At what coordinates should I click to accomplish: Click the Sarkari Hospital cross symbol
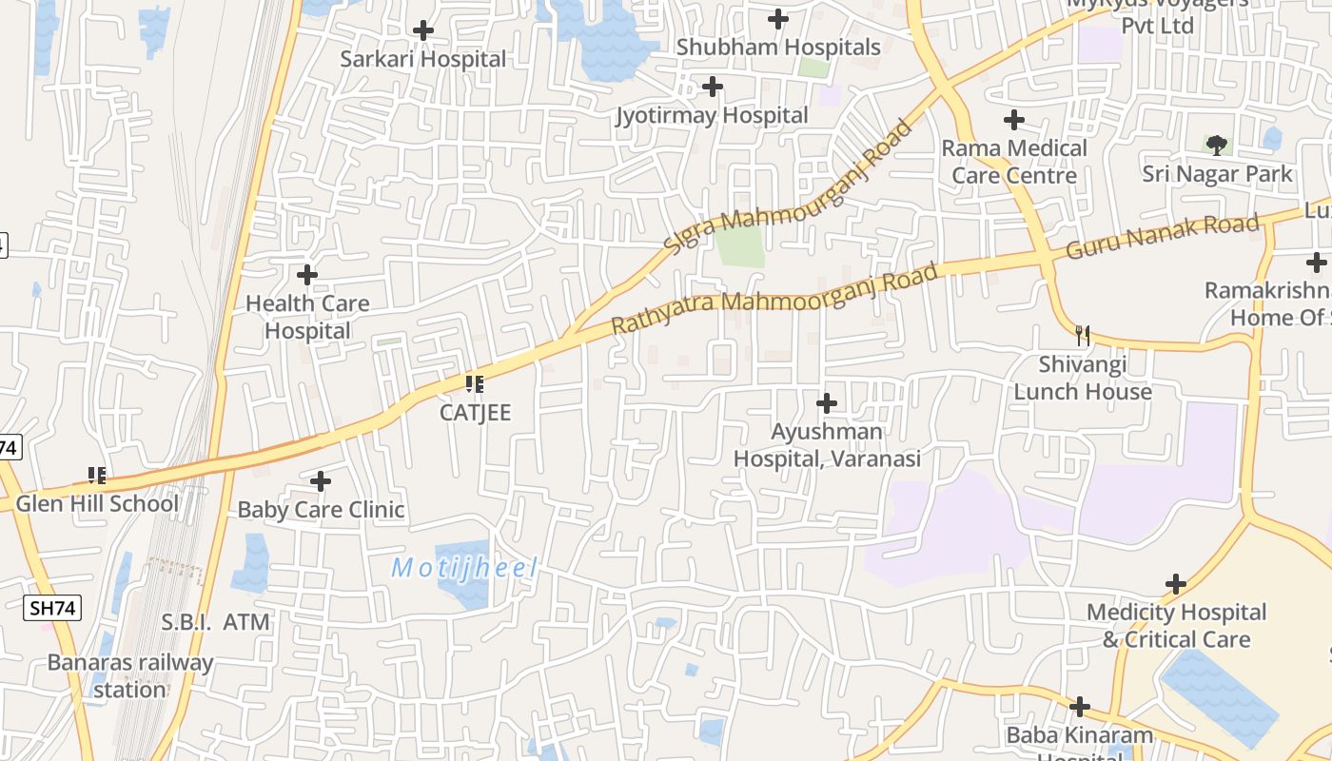click(423, 31)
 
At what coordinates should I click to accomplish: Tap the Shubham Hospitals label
click(778, 47)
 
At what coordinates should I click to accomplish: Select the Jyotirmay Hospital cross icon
click(712, 88)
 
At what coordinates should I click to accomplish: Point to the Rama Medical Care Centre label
click(1014, 162)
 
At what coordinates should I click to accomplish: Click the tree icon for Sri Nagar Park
click(1216, 146)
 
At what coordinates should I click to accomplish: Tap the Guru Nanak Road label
click(1163, 237)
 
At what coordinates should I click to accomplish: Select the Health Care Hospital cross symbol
click(307, 276)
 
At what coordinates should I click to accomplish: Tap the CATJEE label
click(475, 412)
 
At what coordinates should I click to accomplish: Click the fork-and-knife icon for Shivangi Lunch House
click(1082, 335)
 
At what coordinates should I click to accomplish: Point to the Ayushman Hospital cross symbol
click(827, 403)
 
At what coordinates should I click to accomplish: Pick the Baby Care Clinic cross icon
click(321, 481)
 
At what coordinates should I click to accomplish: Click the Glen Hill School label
click(97, 503)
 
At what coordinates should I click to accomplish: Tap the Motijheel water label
click(464, 569)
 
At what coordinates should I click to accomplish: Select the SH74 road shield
click(53, 608)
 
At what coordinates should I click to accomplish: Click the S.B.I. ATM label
click(215, 622)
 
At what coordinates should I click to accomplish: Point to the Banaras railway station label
click(130, 675)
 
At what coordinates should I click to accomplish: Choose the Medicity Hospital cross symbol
click(1176, 584)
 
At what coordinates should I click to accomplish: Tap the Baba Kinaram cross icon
click(1080, 707)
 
